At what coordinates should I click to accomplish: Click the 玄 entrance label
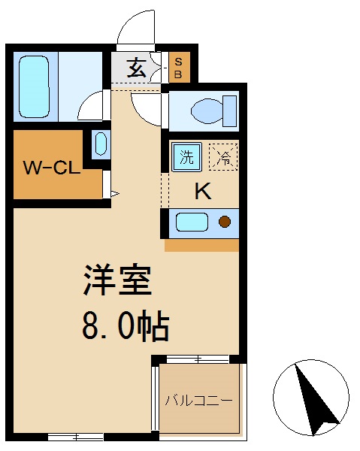pos(137,68)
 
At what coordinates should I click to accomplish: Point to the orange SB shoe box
pos(179,68)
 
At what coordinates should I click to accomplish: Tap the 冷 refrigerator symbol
pos(223,157)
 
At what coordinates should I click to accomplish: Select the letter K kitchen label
pos(203,192)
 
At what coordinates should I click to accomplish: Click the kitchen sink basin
pos(191,222)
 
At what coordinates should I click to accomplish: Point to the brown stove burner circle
pos(224,222)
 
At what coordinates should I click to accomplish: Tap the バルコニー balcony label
pos(199,400)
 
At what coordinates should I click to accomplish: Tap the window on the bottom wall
pos(75,436)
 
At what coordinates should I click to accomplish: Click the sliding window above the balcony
pos(198,359)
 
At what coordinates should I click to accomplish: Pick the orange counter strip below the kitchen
pos(201,245)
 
